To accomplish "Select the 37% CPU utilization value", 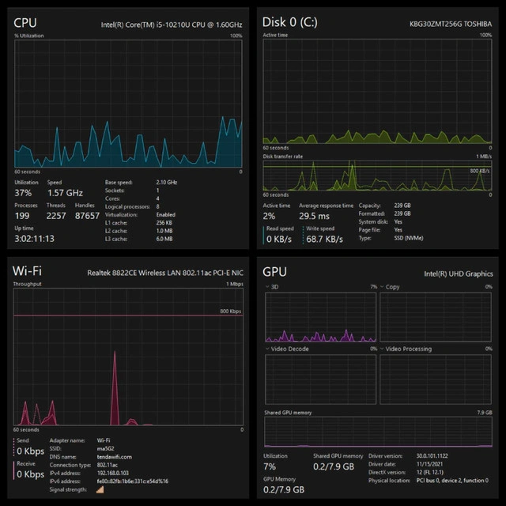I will pos(24,192).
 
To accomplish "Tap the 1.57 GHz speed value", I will pos(65,192).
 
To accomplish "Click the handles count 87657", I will pos(86,215).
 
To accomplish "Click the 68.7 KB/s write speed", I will pos(324,238).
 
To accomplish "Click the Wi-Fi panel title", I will pos(28,270).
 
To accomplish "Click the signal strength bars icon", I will pos(100,489).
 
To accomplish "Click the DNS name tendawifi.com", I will pos(114,456).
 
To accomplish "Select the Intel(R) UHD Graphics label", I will pos(459,274).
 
